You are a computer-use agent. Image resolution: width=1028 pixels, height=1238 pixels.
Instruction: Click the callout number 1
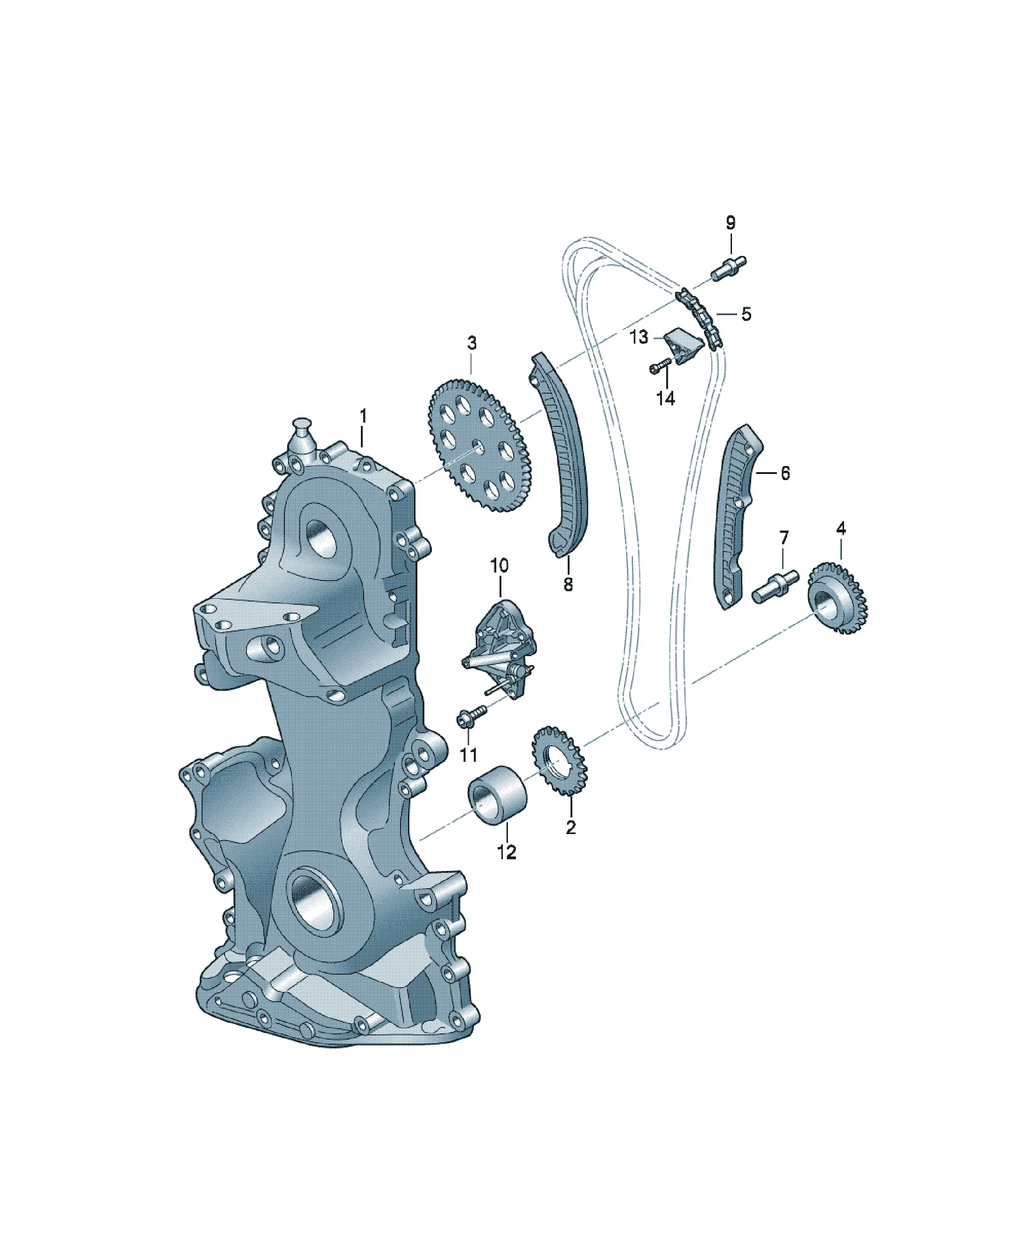point(363,416)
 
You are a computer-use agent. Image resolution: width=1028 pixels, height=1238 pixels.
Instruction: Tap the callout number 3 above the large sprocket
point(472,343)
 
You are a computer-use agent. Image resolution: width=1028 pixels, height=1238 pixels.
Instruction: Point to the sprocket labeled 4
point(837,598)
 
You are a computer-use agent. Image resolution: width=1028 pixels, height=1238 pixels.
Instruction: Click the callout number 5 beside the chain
point(746,314)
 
